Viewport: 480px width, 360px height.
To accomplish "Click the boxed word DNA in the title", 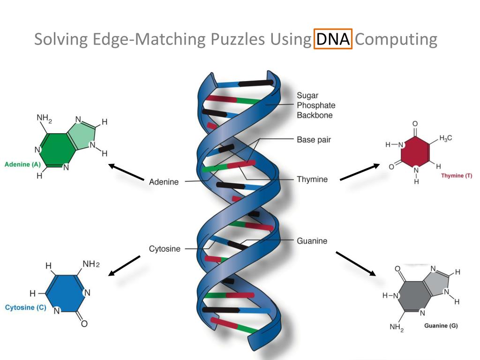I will pyautogui.click(x=333, y=39).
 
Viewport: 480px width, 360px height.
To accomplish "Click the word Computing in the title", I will pyautogui.click(x=396, y=39).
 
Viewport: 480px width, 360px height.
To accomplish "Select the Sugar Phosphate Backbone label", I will pyautogui.click(x=315, y=105).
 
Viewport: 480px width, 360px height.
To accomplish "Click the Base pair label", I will pyautogui.click(x=314, y=140).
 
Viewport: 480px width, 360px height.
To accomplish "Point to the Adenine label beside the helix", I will pyautogui.click(x=164, y=182).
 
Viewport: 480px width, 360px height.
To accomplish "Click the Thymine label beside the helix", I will pyautogui.click(x=312, y=179).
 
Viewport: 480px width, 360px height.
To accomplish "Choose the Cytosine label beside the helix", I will pyautogui.click(x=165, y=249).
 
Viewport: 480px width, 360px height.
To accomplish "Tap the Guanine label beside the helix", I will pyautogui.click(x=312, y=241).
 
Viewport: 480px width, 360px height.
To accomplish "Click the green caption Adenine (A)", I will pyautogui.click(x=22, y=165).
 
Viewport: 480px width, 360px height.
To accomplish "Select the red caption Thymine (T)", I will pyautogui.click(x=457, y=176).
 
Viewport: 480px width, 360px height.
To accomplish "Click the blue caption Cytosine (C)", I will pyautogui.click(x=25, y=308).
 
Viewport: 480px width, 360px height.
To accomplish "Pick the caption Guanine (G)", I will pyautogui.click(x=441, y=326).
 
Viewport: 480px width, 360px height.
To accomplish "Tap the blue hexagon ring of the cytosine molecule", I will pyautogui.click(x=66, y=293).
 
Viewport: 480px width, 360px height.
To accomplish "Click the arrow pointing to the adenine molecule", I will pyautogui.click(x=126, y=172).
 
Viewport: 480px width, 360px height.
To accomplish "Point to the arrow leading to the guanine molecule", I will pyautogui.click(x=356, y=263).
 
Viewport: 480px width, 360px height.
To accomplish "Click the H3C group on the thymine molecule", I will pyautogui.click(x=445, y=138).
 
